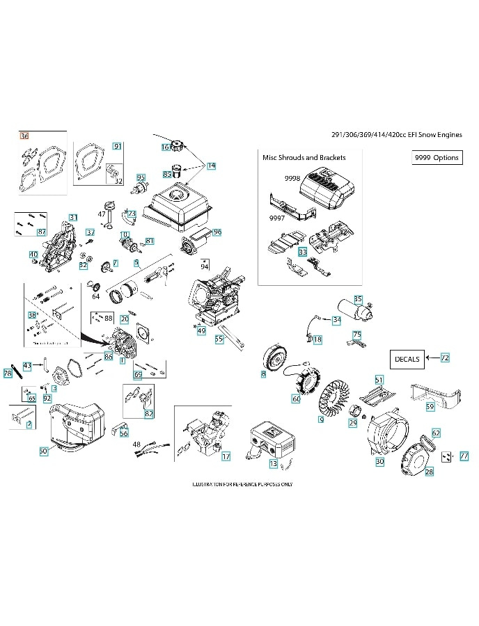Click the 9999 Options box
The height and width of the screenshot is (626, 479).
coord(437,158)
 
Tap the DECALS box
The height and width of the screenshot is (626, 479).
coord(407,359)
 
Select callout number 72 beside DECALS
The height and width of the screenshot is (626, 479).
coord(445,358)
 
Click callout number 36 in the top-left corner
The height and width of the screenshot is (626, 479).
coord(25,136)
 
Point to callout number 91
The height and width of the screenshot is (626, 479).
coord(117,146)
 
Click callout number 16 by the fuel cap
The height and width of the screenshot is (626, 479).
coord(166,147)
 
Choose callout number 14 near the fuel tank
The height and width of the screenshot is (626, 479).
coord(211,166)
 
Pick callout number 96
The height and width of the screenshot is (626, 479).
coord(217,232)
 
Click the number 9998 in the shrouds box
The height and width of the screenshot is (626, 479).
coord(292,179)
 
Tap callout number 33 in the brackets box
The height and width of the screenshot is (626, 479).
coord(302,251)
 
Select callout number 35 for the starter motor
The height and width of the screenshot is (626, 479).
coord(358,299)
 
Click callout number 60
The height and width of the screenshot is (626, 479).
coord(296,399)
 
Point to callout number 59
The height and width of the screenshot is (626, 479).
coord(430,406)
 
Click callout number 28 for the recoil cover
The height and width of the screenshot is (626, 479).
coord(429,472)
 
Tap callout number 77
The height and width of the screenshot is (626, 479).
coord(464,456)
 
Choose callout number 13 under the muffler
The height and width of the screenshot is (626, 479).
coord(273,463)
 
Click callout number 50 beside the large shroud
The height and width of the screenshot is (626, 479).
coord(43,451)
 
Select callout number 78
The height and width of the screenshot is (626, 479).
coord(8,373)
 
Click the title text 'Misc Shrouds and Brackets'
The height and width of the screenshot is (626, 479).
coord(304,157)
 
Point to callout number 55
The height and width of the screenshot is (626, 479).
coord(219,339)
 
